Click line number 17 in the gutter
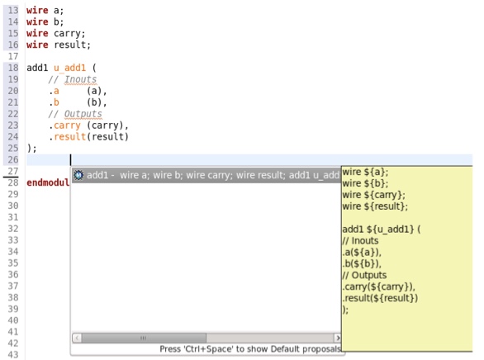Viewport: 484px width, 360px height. (x=13, y=56)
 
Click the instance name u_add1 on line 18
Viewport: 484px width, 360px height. (x=69, y=68)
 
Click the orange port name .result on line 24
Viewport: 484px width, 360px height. (x=67, y=137)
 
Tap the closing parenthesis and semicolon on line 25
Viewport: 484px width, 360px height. (x=31, y=149)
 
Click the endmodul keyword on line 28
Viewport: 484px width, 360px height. (x=48, y=182)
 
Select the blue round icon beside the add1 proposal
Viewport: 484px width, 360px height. (x=78, y=175)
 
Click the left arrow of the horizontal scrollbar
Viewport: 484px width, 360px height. (x=77, y=338)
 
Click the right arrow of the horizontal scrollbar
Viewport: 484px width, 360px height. (x=338, y=338)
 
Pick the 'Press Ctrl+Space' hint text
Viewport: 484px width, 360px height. (x=250, y=349)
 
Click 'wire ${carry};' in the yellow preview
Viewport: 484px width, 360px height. (x=373, y=195)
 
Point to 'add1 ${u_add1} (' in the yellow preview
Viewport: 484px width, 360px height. (x=382, y=230)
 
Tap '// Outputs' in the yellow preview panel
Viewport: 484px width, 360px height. (x=364, y=275)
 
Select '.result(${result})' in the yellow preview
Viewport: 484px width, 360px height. (x=380, y=298)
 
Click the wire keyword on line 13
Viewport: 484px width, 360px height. (x=37, y=11)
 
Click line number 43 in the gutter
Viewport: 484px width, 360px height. (x=13, y=355)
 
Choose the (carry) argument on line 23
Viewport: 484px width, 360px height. (x=105, y=126)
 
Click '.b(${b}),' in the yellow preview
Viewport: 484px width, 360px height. (x=362, y=263)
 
